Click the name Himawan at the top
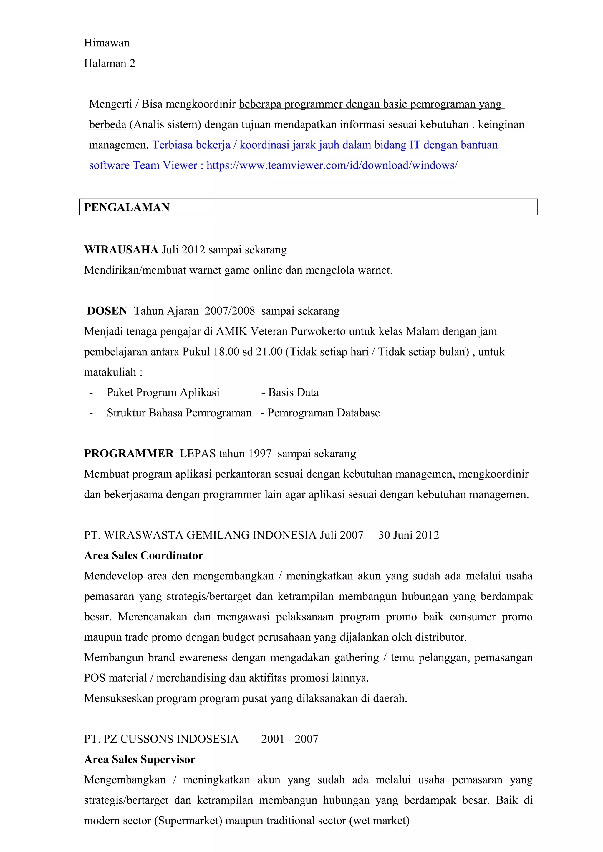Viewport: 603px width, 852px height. [107, 43]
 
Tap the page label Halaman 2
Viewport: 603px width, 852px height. [110, 64]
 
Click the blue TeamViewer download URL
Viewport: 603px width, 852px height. [332, 165]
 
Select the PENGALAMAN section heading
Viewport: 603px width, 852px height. [127, 207]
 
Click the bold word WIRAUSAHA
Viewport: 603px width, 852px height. [121, 250]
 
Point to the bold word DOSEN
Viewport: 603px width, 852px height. [107, 311]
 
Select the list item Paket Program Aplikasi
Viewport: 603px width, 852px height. [163, 393]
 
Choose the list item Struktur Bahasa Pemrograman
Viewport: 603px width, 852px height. [179, 413]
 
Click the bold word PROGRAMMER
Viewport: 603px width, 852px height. [129, 454]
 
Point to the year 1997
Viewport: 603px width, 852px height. [259, 454]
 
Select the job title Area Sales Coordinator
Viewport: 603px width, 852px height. [144, 556]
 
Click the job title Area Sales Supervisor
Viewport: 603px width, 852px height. [140, 760]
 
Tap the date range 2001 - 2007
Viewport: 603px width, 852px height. [290, 739]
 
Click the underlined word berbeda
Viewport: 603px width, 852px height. [108, 125]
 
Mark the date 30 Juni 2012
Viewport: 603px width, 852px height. [408, 535]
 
